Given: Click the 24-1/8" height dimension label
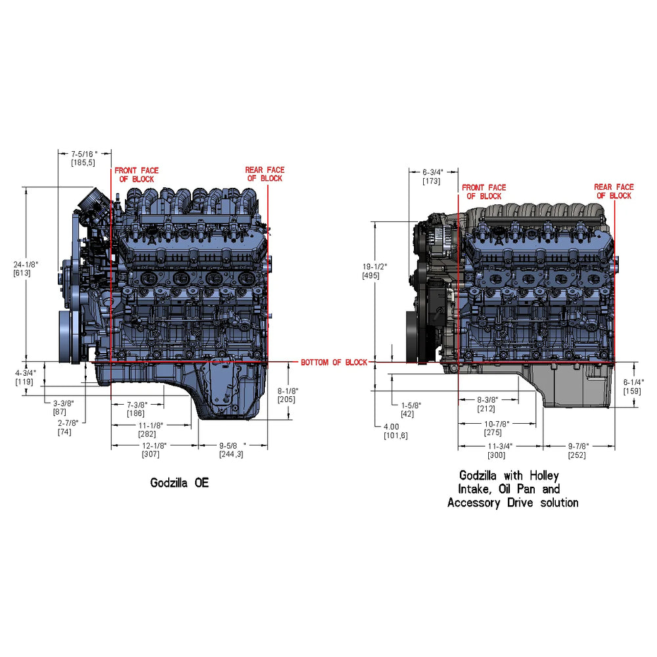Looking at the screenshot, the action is [26, 264].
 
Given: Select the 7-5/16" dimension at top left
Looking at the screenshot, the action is [84, 154].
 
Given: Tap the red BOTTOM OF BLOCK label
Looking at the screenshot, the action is [334, 363].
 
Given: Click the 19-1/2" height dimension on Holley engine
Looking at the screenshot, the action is [374, 267].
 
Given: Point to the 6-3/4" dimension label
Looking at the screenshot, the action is [433, 172].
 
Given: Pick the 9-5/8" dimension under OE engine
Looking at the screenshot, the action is [232, 446].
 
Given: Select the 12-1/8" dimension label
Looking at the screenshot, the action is [154, 446].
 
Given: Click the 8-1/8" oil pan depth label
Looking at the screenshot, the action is [288, 391].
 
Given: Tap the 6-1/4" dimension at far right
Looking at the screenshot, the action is [633, 382].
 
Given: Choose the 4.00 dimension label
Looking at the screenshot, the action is [392, 426].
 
